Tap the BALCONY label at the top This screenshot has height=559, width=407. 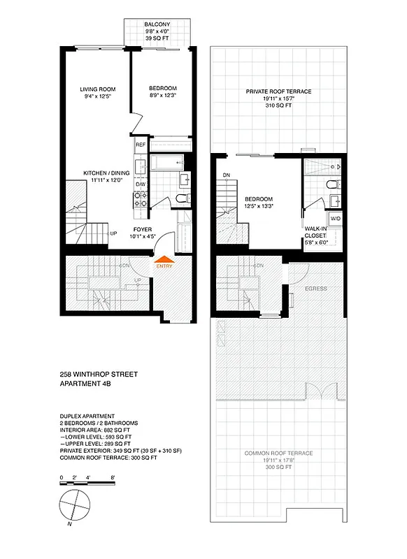tap(157, 24)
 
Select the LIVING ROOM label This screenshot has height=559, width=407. tap(97, 89)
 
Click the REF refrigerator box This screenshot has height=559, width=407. tap(140, 145)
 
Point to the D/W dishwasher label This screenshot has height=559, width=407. tap(140, 184)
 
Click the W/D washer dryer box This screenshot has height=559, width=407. tap(334, 219)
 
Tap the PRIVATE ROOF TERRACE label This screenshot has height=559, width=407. tap(278, 92)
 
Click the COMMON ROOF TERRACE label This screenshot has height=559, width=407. tap(278, 453)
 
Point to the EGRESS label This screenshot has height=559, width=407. tap(315, 287)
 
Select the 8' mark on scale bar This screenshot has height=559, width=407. tap(112, 477)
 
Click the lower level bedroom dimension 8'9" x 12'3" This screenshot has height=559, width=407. tap(162, 96)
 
